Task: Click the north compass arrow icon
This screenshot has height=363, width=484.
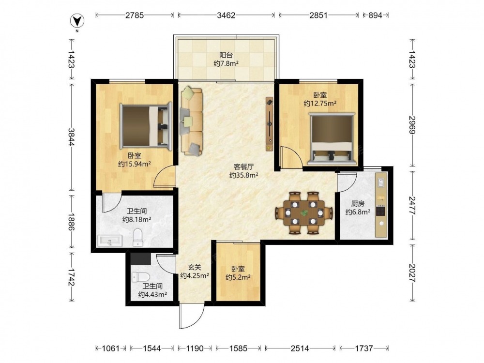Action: (77, 21)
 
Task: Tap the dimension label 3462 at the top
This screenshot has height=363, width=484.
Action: (226, 15)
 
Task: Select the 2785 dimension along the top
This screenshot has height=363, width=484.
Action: (134, 15)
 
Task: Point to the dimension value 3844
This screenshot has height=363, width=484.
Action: (71, 137)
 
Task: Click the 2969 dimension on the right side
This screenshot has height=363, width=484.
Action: (412, 125)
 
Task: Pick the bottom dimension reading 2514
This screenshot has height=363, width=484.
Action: (300, 348)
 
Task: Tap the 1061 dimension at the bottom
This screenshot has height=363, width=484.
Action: (110, 348)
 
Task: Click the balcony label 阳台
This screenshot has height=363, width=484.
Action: (226, 55)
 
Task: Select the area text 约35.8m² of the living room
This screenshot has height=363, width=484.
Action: (244, 175)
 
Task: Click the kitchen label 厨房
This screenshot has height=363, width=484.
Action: (358, 204)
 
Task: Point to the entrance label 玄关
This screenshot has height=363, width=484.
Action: (195, 267)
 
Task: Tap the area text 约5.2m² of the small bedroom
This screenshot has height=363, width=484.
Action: (238, 277)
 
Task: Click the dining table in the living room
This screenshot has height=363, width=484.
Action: (304, 213)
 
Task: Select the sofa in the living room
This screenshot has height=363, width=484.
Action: (192, 121)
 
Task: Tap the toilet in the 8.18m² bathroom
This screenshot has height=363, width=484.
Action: (137, 238)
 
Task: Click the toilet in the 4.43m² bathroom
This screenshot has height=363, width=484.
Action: (140, 277)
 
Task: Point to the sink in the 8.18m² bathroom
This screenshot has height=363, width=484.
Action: (110, 241)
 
